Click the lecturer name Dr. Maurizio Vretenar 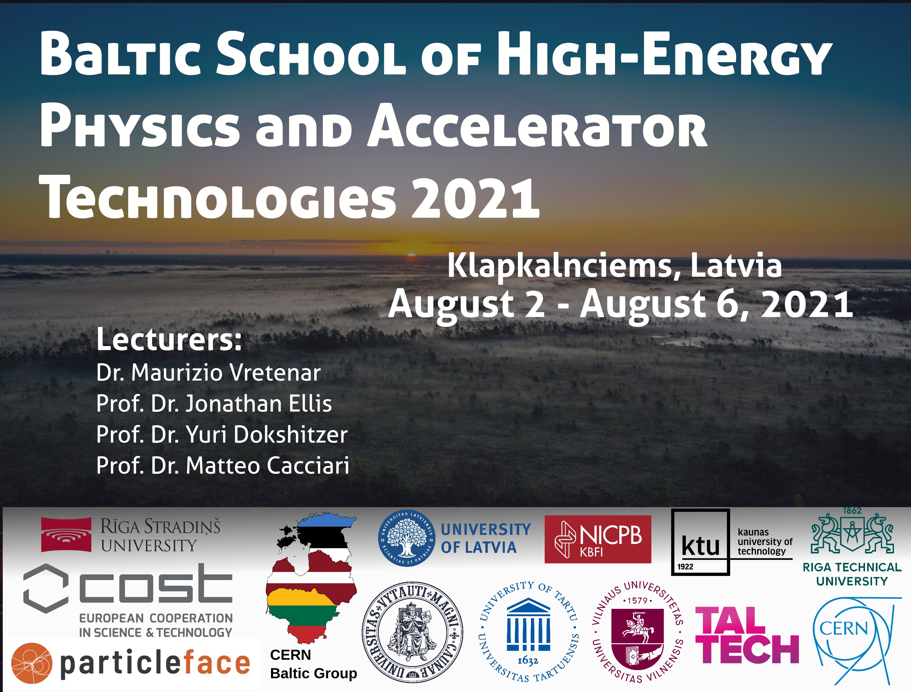pos(208,373)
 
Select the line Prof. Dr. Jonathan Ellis pos(214,404)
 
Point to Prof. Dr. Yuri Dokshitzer pos(222,435)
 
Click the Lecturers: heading pos(169,340)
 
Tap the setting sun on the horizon pos(411,255)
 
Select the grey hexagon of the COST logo pos(46,589)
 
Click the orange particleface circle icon pos(32,663)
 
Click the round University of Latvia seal pos(406,538)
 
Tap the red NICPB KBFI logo pos(598,539)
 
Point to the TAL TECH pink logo pos(747,635)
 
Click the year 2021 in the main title pos(475,198)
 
